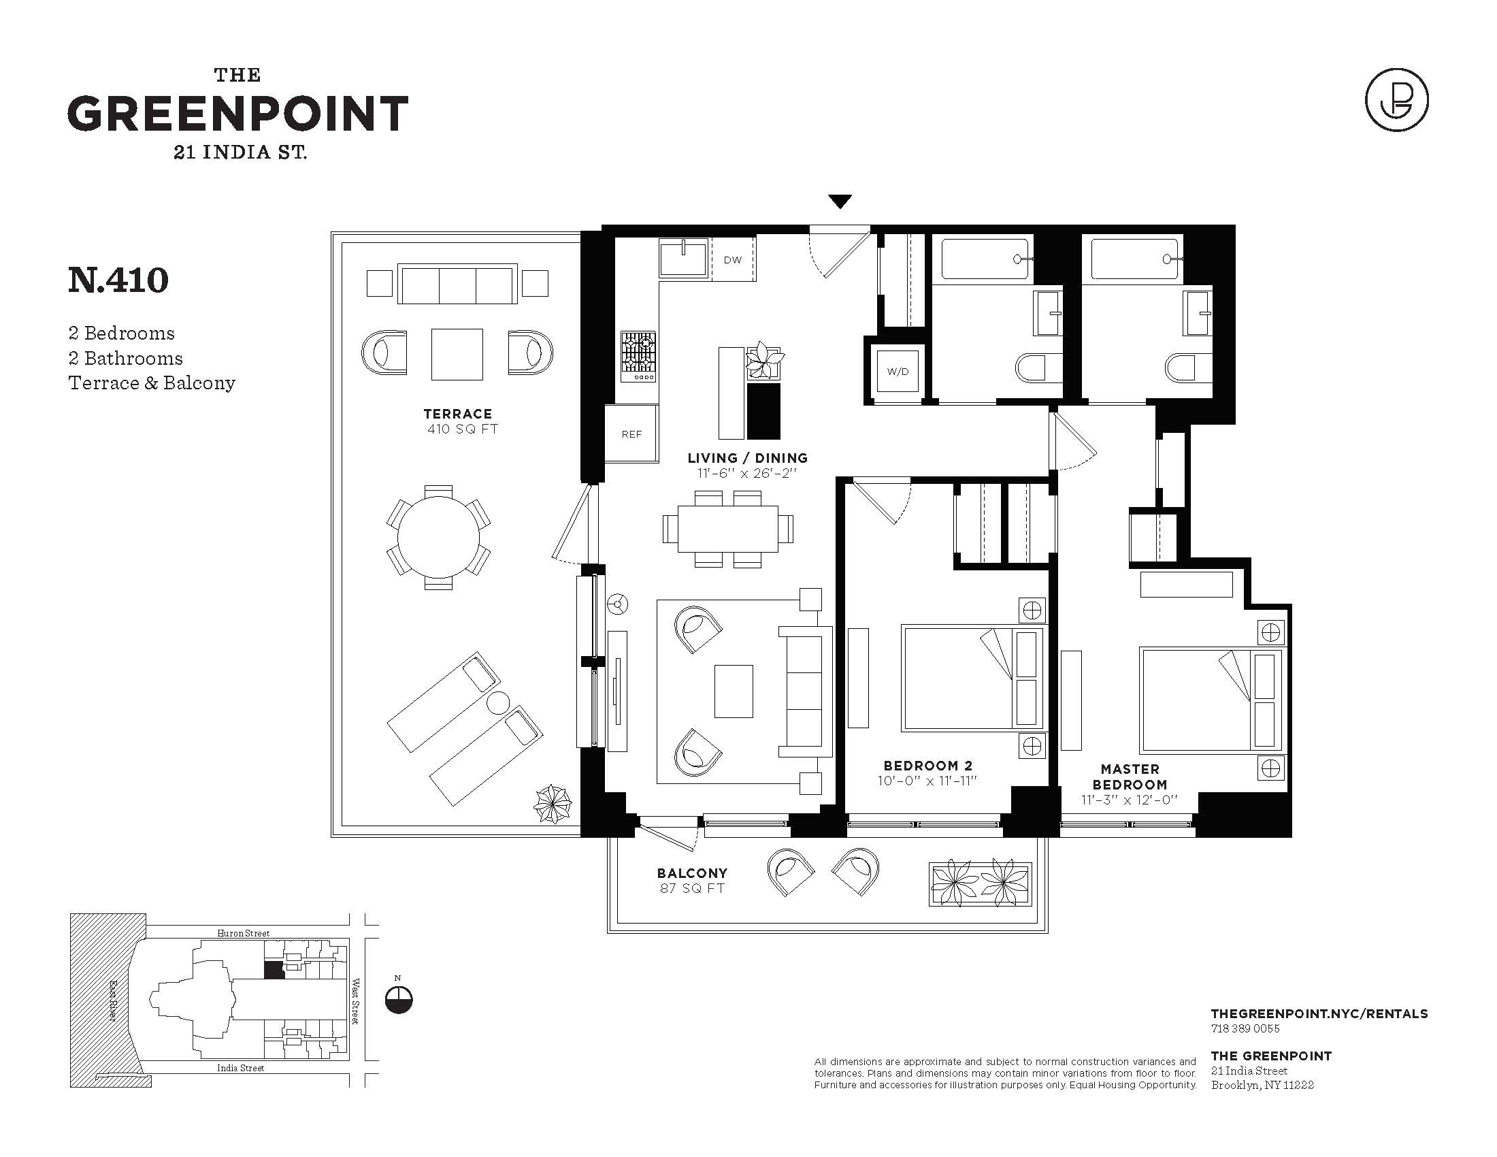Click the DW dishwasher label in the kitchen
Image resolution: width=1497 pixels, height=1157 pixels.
tap(733, 260)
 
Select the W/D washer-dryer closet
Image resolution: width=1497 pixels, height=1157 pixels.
tap(898, 372)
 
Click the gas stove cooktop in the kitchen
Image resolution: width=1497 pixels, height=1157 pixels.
tap(638, 357)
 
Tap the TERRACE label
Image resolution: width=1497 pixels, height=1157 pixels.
tap(458, 413)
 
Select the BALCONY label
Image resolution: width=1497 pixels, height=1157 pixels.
tap(692, 873)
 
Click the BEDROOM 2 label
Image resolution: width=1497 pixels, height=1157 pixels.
tap(928, 766)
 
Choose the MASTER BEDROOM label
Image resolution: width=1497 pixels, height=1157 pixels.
tap(1130, 777)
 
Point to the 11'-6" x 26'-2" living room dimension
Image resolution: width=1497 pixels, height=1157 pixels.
tap(743, 473)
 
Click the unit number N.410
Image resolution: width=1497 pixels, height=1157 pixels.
tap(118, 280)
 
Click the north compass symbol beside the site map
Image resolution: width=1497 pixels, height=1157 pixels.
tap(399, 1000)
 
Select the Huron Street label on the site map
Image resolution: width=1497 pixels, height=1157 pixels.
tap(243, 933)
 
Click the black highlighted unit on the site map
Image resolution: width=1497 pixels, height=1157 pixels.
tap(274, 970)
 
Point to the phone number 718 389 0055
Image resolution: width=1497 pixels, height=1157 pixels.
tap(1245, 1028)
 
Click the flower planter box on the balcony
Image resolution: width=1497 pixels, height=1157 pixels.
tap(980, 884)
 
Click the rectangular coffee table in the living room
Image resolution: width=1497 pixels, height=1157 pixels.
tap(734, 691)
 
